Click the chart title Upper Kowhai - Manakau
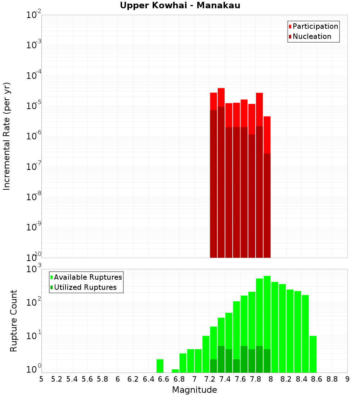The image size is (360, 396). point(180,5)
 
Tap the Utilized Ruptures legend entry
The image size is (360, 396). point(85,287)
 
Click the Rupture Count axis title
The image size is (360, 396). point(14,320)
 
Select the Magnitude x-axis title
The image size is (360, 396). point(194,390)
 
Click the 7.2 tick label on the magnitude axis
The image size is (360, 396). point(210,379)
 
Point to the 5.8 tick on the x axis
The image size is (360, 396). point(103,379)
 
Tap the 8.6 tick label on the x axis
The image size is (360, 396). point(317,379)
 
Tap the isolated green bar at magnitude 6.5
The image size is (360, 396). point(160,366)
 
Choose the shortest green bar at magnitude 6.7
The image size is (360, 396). point(175,371)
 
